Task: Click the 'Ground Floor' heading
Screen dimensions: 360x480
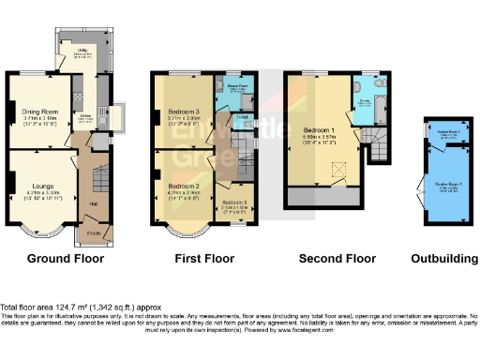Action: [x=65, y=258]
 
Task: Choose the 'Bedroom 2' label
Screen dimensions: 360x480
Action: [x=184, y=186]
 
